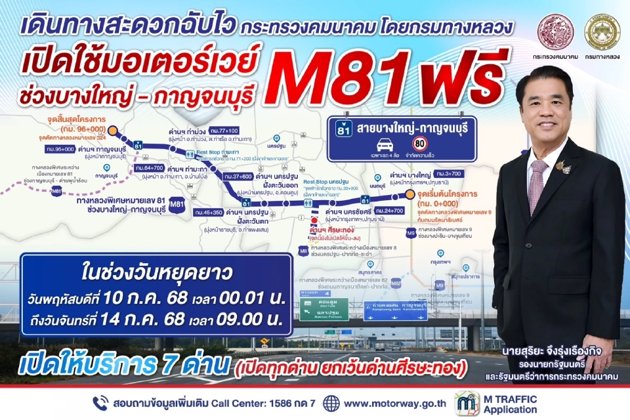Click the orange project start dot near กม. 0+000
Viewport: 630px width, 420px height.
(411, 195)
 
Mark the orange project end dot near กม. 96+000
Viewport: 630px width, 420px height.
(113, 131)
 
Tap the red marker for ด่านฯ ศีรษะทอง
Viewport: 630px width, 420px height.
(314, 221)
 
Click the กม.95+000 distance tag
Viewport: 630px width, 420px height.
(60, 150)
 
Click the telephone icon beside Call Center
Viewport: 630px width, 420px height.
(100, 403)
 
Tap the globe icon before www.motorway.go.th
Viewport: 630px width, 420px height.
(331, 403)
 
